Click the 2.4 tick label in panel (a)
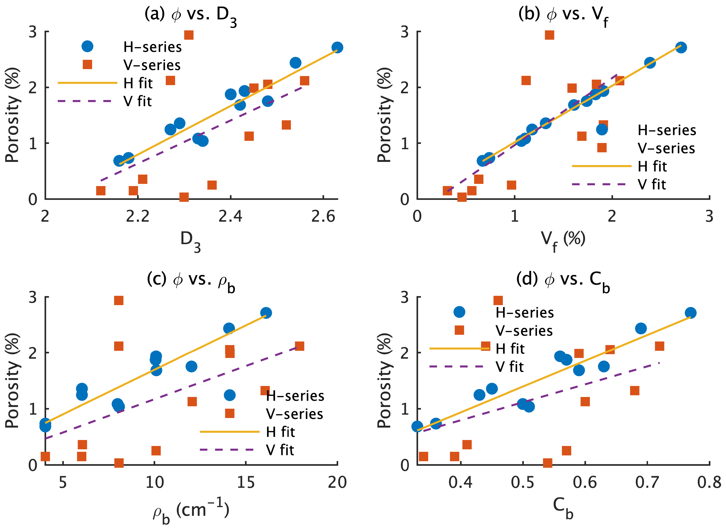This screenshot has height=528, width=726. (x=230, y=217)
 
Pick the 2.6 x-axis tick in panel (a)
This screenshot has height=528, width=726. (x=323, y=217)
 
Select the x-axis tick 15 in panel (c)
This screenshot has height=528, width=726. (x=246, y=482)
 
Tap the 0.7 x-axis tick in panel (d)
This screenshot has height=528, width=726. (x=647, y=482)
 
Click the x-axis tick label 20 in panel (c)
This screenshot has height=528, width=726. (x=337, y=482)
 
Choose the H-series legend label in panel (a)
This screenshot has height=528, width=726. (x=153, y=47)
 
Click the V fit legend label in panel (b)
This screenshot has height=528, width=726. (x=652, y=184)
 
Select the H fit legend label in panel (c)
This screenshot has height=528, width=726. (x=280, y=432)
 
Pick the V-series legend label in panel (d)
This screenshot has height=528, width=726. (x=524, y=330)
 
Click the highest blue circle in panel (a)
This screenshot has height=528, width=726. (x=337, y=47)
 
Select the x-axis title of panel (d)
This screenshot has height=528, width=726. (x=563, y=509)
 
